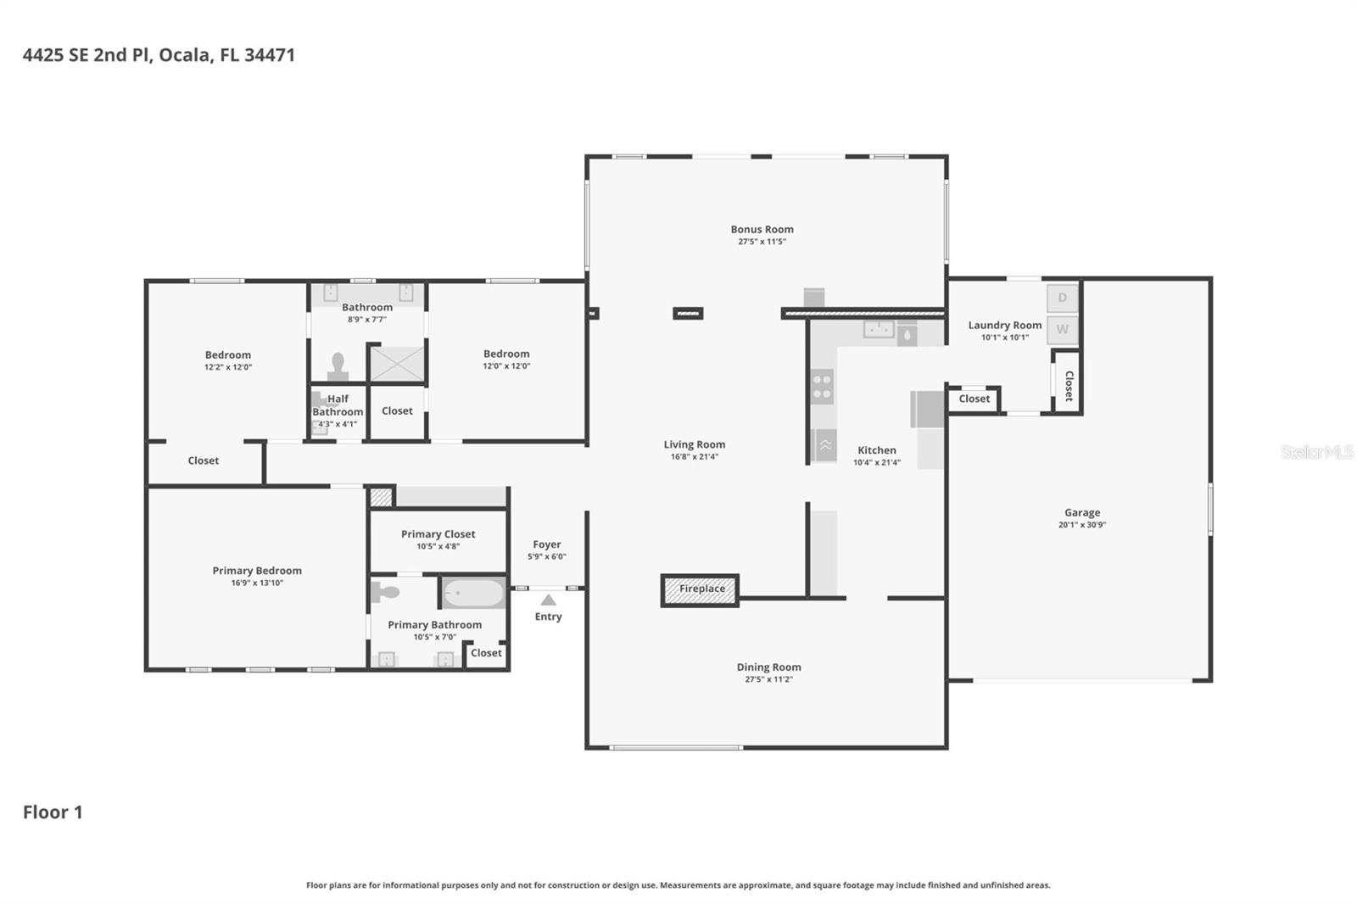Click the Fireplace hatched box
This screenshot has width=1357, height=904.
tap(701, 589)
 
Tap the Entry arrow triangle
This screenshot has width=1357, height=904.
tap(549, 600)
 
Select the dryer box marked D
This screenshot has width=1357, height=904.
tap(1062, 298)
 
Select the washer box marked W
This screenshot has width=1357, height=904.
tap(1062, 329)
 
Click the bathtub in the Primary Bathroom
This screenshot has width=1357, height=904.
tap(473, 593)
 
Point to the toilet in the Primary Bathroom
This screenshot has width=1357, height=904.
tap(385, 591)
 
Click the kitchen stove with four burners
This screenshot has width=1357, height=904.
tap(822, 387)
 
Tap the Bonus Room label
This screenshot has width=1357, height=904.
tap(762, 229)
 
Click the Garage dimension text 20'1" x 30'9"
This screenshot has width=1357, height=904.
tap(1081, 525)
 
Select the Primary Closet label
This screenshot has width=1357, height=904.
tap(438, 534)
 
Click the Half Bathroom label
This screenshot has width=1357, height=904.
tap(338, 405)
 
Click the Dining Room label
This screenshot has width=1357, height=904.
tap(768, 667)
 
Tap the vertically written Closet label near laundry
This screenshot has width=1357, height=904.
tap(1069, 385)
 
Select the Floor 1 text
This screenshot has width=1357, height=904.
tap(53, 812)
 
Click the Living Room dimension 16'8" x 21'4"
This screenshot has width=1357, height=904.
tap(694, 457)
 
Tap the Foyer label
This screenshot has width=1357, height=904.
tap(546, 544)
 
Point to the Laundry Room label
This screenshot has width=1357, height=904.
tap(1004, 325)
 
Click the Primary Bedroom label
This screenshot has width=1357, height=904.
tap(257, 571)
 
